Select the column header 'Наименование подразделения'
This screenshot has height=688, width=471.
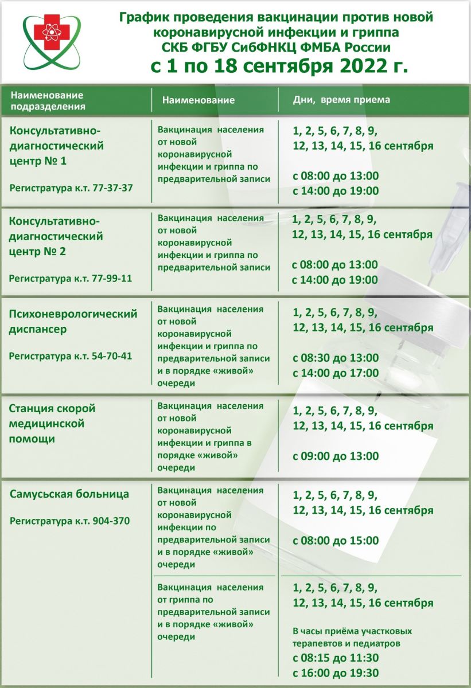pos(47,100)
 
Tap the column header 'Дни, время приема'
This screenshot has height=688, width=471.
pos(341,100)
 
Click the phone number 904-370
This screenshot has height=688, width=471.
pos(111,521)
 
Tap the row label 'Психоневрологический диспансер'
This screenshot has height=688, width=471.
pos(73,322)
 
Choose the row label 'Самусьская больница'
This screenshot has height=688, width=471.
pos(69,494)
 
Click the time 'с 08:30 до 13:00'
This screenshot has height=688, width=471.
pos(336,358)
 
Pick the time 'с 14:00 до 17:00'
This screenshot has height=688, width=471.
pos(336,373)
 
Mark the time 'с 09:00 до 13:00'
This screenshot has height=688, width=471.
pos(336,456)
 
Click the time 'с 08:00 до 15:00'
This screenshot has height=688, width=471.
pos(336,541)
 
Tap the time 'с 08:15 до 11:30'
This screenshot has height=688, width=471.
pos(336,658)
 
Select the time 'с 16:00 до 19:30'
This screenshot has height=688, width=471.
pos(336,673)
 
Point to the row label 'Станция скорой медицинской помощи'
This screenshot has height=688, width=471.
pos(52,424)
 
